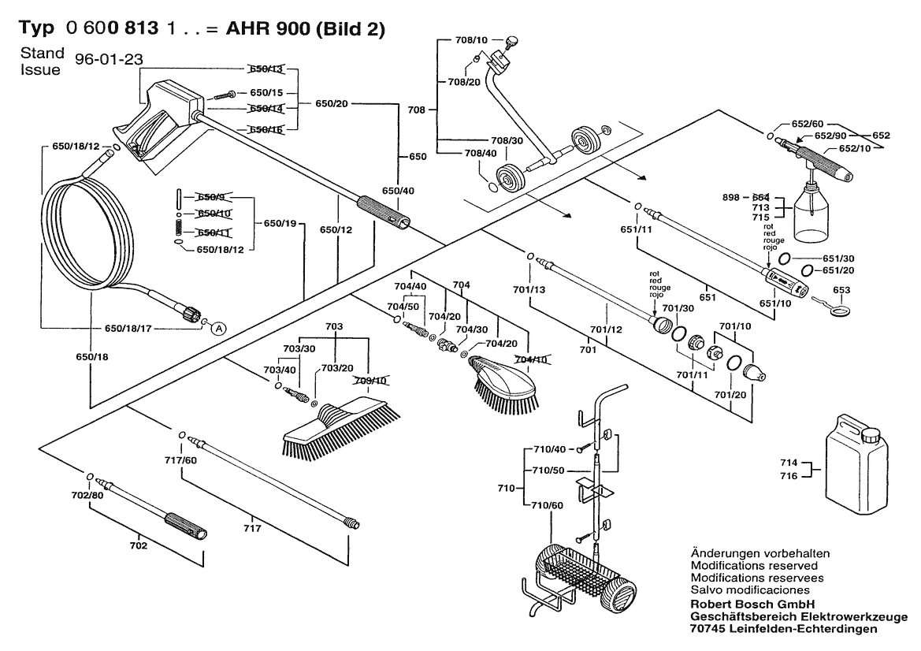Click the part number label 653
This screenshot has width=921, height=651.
tap(842, 291)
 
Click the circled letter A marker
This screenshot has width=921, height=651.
tap(218, 328)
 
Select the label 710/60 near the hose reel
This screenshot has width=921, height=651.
tap(547, 505)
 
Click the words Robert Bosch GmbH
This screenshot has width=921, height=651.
tap(742, 603)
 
